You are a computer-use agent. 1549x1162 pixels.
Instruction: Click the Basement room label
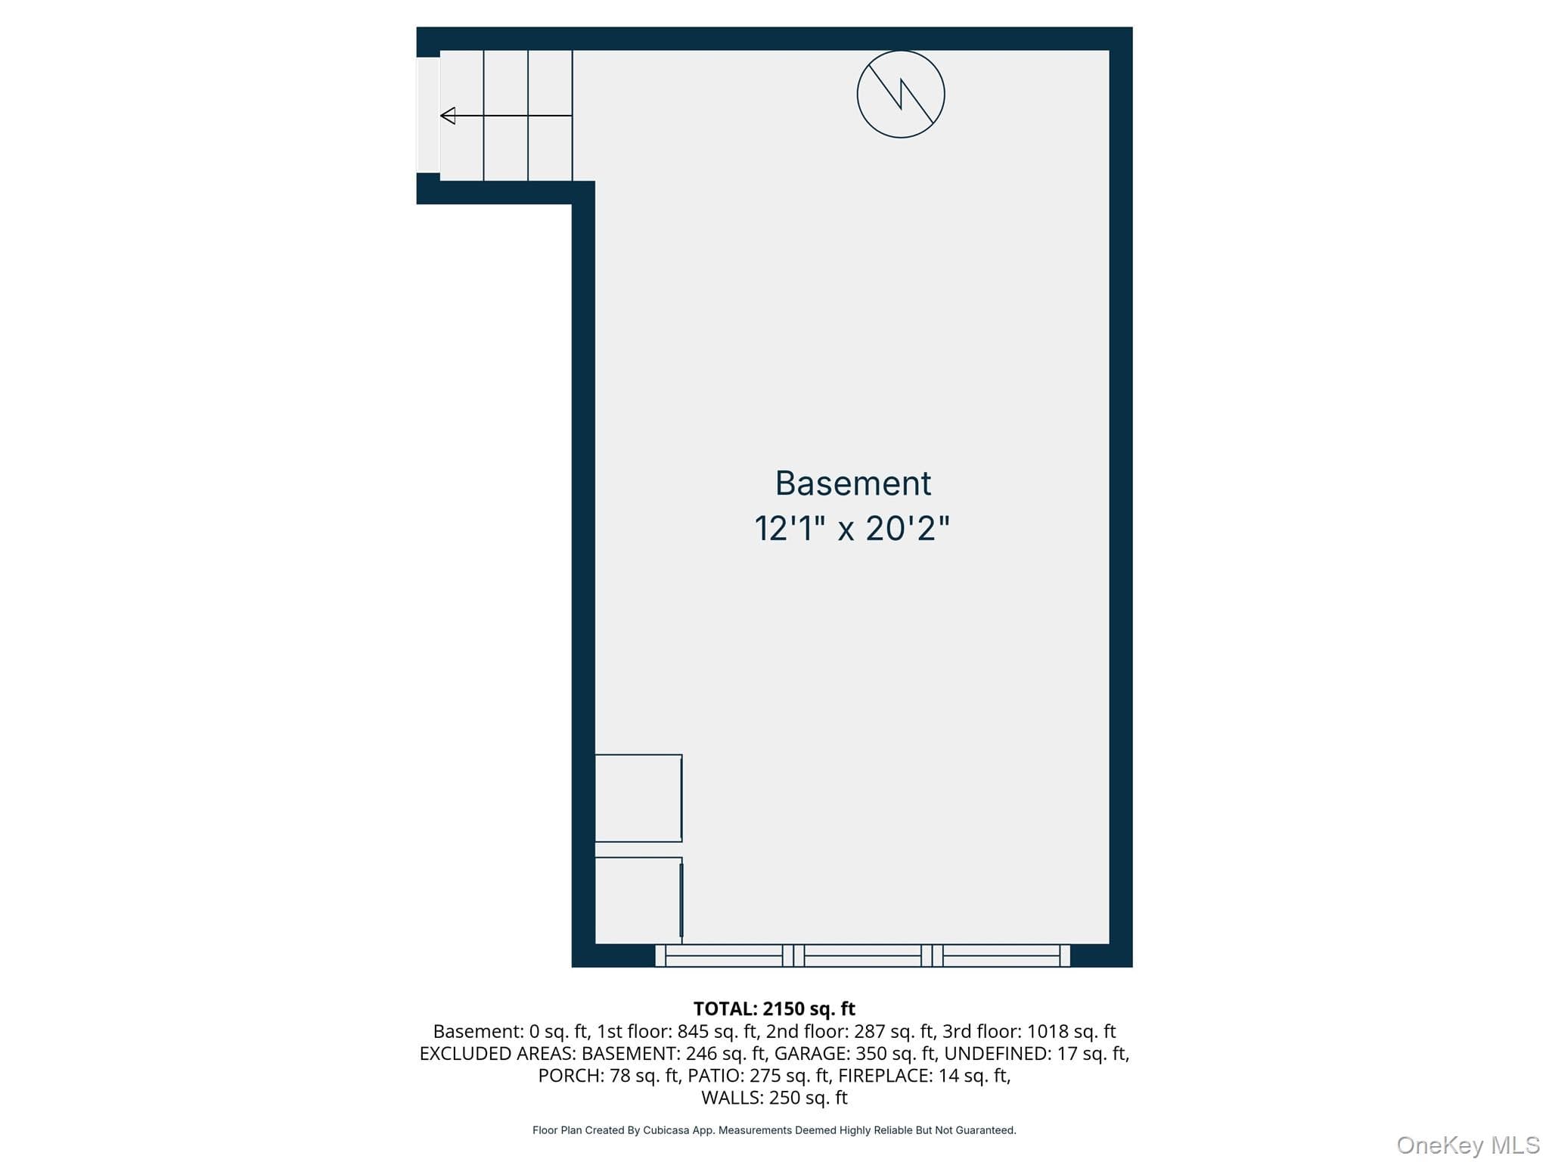852,483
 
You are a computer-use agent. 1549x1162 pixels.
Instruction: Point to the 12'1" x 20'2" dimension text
852,528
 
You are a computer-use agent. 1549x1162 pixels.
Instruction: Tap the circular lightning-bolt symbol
900,95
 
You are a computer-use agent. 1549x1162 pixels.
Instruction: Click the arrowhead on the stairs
448,116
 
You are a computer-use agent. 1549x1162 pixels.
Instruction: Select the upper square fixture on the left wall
638,798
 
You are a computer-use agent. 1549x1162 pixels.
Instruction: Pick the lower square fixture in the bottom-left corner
638,900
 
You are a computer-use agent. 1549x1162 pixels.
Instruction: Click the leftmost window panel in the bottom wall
724,955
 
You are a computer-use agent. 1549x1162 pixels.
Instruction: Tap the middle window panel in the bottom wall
863,955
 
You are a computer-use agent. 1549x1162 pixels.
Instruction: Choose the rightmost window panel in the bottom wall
1001,955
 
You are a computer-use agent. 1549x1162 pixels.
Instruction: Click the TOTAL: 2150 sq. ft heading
774,1008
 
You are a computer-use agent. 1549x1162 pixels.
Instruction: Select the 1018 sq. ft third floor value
1071,1031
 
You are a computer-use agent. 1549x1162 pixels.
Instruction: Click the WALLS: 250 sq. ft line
774,1097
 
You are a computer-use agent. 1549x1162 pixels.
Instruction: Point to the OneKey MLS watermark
1468,1145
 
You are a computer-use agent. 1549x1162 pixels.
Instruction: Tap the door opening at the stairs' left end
428,115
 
